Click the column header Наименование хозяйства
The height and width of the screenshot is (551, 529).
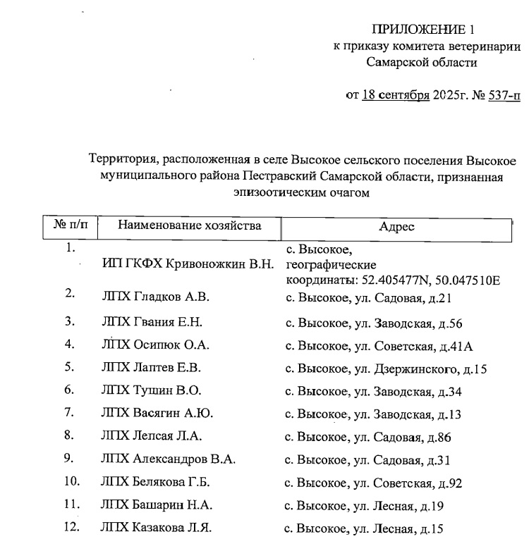point(190,225)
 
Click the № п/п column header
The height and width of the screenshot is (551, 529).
point(70,225)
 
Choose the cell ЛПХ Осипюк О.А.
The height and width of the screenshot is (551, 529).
point(156,345)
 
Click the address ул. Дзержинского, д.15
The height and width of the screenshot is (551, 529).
point(416,369)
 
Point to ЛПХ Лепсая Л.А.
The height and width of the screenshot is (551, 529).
point(152,436)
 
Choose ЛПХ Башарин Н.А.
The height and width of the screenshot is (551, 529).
point(157,504)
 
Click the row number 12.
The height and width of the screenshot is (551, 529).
point(71,526)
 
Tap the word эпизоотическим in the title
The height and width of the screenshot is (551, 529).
point(274,191)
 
